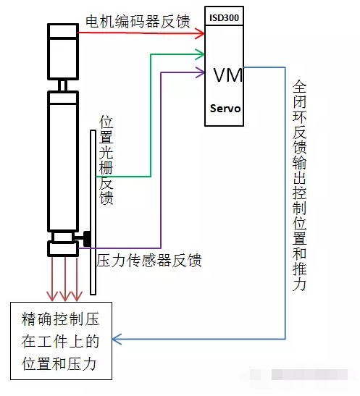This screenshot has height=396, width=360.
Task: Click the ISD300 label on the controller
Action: (224, 17)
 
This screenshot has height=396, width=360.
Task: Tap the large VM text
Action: (228, 75)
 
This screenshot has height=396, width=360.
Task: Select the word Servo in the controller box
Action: (225, 109)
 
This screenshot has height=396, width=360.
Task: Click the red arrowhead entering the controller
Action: (200, 33)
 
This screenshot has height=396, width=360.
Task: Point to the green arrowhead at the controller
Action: (200, 54)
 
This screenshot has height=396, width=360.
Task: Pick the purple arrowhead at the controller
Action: (200, 72)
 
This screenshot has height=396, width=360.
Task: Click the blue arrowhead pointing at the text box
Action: (117, 339)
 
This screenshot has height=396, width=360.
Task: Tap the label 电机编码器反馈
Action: (138, 21)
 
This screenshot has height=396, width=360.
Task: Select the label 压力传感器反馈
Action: (148, 260)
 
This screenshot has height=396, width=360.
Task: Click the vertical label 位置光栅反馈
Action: (106, 160)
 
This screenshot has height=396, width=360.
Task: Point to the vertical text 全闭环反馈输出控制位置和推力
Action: (299, 185)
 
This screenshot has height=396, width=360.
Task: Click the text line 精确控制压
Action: (60, 319)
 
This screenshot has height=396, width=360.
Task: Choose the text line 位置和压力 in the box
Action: (59, 364)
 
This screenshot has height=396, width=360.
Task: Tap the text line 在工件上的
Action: (60, 342)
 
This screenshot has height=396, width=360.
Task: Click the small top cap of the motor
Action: (63, 31)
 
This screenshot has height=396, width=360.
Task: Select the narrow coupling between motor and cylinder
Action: (63, 85)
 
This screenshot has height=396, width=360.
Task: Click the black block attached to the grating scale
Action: (87, 238)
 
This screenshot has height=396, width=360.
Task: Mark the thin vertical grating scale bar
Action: (93, 212)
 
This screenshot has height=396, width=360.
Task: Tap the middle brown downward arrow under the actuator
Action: (65, 279)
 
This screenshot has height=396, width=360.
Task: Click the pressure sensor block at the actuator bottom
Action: (63, 248)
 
